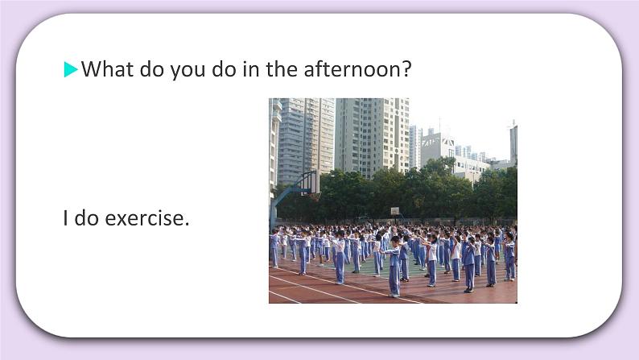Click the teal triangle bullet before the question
(x=71, y=70)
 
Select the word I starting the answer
(x=66, y=217)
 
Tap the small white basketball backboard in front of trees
(x=394, y=210)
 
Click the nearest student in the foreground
(x=394, y=268)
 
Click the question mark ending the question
(x=406, y=69)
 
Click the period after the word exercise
(x=187, y=224)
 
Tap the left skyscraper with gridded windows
(x=306, y=137)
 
